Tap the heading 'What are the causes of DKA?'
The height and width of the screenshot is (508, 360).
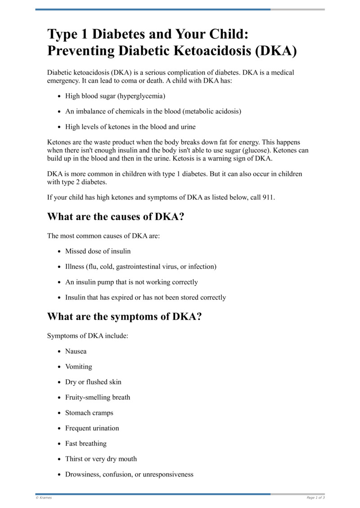(116, 216)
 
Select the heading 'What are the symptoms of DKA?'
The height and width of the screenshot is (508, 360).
(124, 316)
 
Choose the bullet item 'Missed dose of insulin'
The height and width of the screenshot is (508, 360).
(98, 251)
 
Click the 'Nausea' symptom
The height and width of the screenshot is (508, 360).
(76, 351)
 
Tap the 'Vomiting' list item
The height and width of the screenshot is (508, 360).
(78, 366)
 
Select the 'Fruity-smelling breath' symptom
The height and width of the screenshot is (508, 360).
(98, 397)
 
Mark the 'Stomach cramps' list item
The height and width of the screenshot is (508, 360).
(89, 413)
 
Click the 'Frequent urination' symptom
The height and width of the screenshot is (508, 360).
(92, 428)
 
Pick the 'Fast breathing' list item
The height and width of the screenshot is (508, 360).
(85, 443)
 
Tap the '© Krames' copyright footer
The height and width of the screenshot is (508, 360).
(44, 498)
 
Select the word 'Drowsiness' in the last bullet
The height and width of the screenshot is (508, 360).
(81, 474)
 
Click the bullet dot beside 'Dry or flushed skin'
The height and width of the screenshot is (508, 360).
(60, 382)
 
